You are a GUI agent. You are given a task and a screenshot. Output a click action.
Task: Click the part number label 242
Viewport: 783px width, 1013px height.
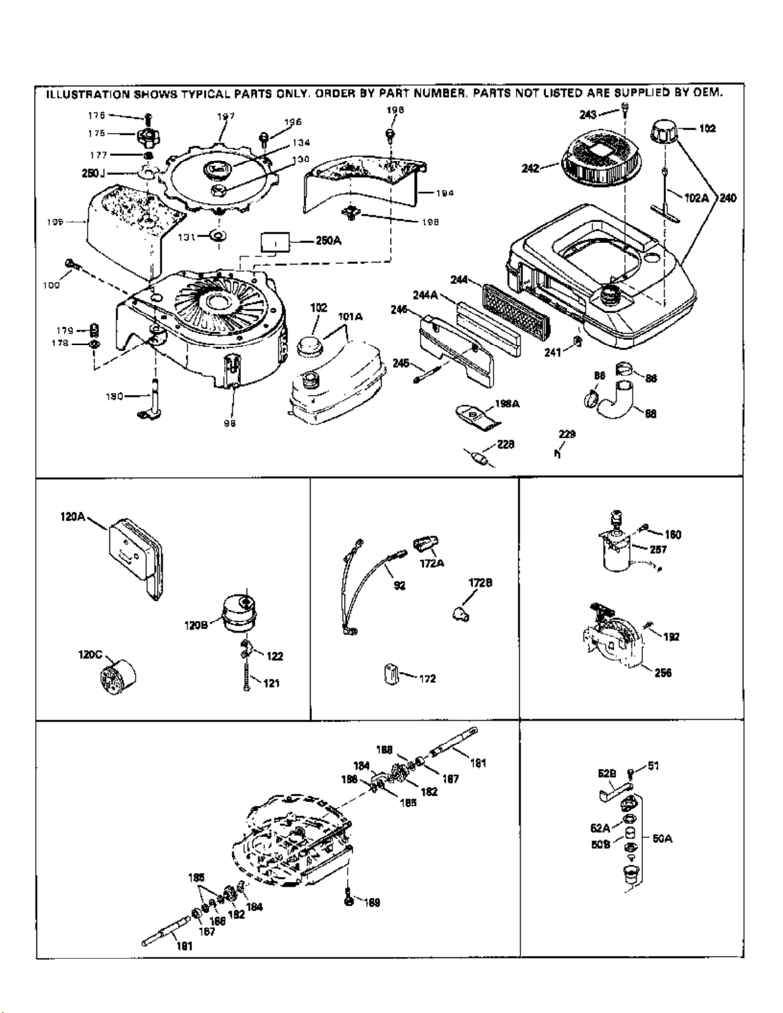[530, 169]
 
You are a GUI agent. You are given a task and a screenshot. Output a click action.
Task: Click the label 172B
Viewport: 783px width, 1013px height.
[480, 583]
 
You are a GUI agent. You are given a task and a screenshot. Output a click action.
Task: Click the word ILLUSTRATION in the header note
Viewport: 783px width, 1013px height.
[86, 94]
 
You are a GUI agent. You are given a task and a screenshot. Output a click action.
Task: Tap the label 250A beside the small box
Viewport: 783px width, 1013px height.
[329, 240]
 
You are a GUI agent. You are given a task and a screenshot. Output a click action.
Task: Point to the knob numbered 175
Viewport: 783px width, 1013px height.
[146, 135]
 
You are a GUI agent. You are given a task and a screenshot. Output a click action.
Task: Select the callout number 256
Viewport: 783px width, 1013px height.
[663, 672]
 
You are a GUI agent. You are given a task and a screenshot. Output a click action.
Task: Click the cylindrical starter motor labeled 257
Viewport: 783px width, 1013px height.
[616, 553]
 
